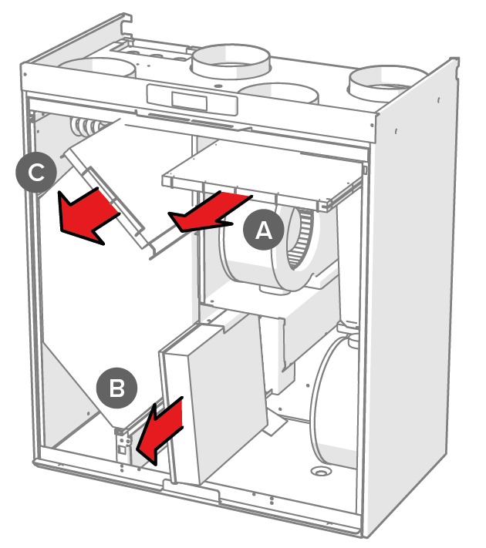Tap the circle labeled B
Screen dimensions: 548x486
point(117,388)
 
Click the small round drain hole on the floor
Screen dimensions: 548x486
point(317,470)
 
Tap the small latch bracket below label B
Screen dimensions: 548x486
point(124,447)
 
